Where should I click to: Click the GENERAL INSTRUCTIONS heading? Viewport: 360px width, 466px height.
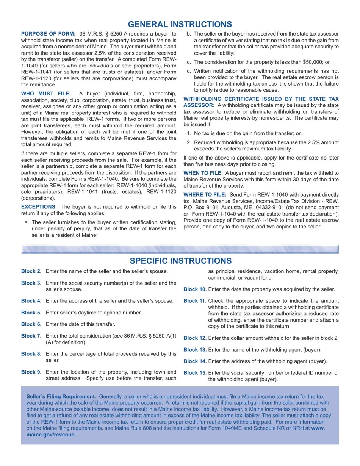click(180, 24)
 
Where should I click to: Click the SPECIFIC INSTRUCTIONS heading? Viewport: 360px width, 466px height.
click(180, 261)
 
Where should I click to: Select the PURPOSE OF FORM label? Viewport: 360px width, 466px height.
click(48, 34)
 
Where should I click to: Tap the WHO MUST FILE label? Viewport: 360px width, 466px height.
click(46, 94)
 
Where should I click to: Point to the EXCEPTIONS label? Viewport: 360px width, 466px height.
click(39, 207)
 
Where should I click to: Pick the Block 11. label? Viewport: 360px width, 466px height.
click(195, 301)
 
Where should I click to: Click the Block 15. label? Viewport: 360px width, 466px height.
click(195, 373)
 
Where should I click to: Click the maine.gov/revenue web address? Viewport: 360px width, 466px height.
click(50, 435)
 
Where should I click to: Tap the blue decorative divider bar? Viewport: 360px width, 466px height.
click(180, 249)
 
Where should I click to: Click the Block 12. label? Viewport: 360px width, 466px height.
click(195, 338)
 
